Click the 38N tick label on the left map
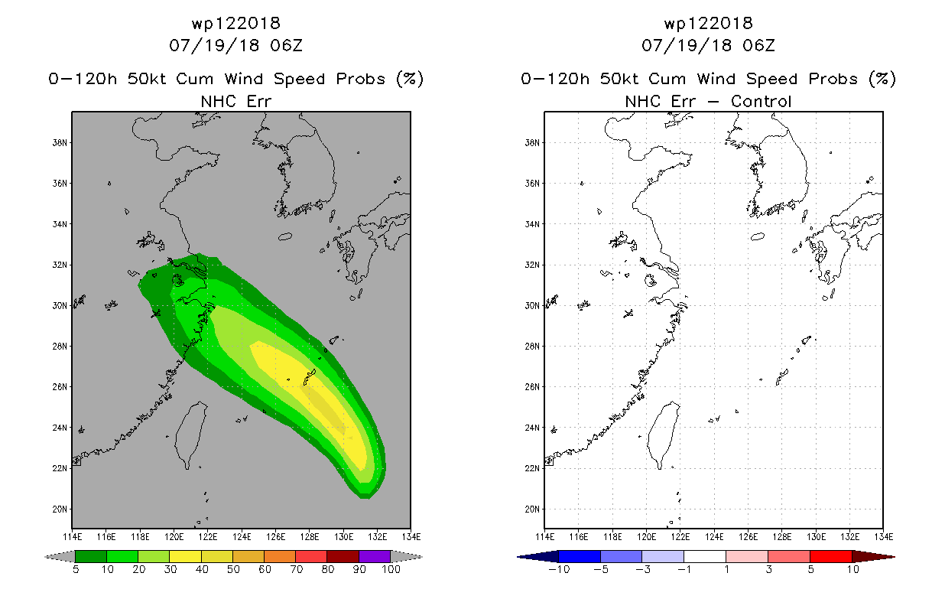60,142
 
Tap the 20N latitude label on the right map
532,509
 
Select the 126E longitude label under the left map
275,537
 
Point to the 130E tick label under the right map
816,537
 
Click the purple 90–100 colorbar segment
375,556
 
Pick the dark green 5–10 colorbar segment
91,556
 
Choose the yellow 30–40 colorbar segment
185,556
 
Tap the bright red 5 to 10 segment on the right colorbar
831,556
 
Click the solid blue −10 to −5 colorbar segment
580,556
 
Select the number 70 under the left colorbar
296,569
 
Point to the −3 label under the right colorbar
642,569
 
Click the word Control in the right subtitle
761,101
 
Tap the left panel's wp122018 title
235,23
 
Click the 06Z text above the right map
758,45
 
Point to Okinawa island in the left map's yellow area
309,377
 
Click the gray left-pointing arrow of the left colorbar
60,557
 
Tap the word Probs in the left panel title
361,79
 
